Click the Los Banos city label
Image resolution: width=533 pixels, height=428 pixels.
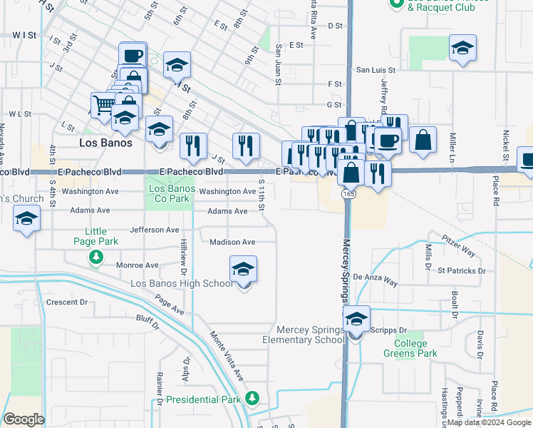pos(105,143)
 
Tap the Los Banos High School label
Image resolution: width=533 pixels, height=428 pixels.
pos(181,283)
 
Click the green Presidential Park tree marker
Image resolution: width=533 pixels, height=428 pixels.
pos(251,397)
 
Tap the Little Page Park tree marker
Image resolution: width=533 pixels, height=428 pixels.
pos(95,256)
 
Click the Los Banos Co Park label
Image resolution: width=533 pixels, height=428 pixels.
pos(168,193)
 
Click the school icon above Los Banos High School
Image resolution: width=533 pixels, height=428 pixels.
pos(243,270)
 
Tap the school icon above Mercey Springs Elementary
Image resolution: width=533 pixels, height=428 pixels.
pos(357,320)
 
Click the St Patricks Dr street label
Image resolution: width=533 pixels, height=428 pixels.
pos(461,271)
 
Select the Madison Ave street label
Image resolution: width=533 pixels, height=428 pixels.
pos(232,242)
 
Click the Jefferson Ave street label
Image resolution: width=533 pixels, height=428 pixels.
pos(155,230)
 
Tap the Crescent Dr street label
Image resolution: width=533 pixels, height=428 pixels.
pos(66,302)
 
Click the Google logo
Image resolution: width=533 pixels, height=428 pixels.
pos(24,419)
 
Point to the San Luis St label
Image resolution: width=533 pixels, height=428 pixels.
pos(376,70)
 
